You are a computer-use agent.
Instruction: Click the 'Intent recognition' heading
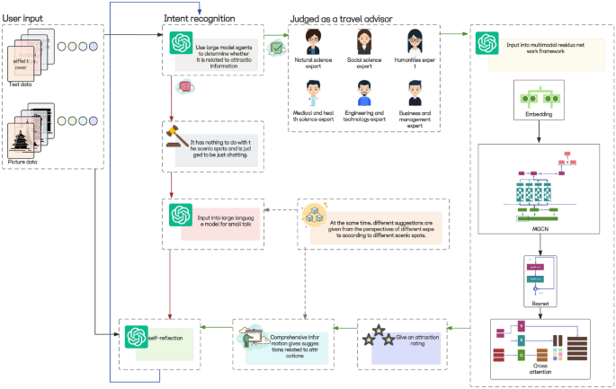tap(200, 19)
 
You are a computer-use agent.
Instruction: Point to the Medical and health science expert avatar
tap(314, 93)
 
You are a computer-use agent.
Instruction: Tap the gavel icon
tap(173, 144)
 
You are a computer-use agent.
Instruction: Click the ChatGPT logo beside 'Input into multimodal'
tap(488, 43)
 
